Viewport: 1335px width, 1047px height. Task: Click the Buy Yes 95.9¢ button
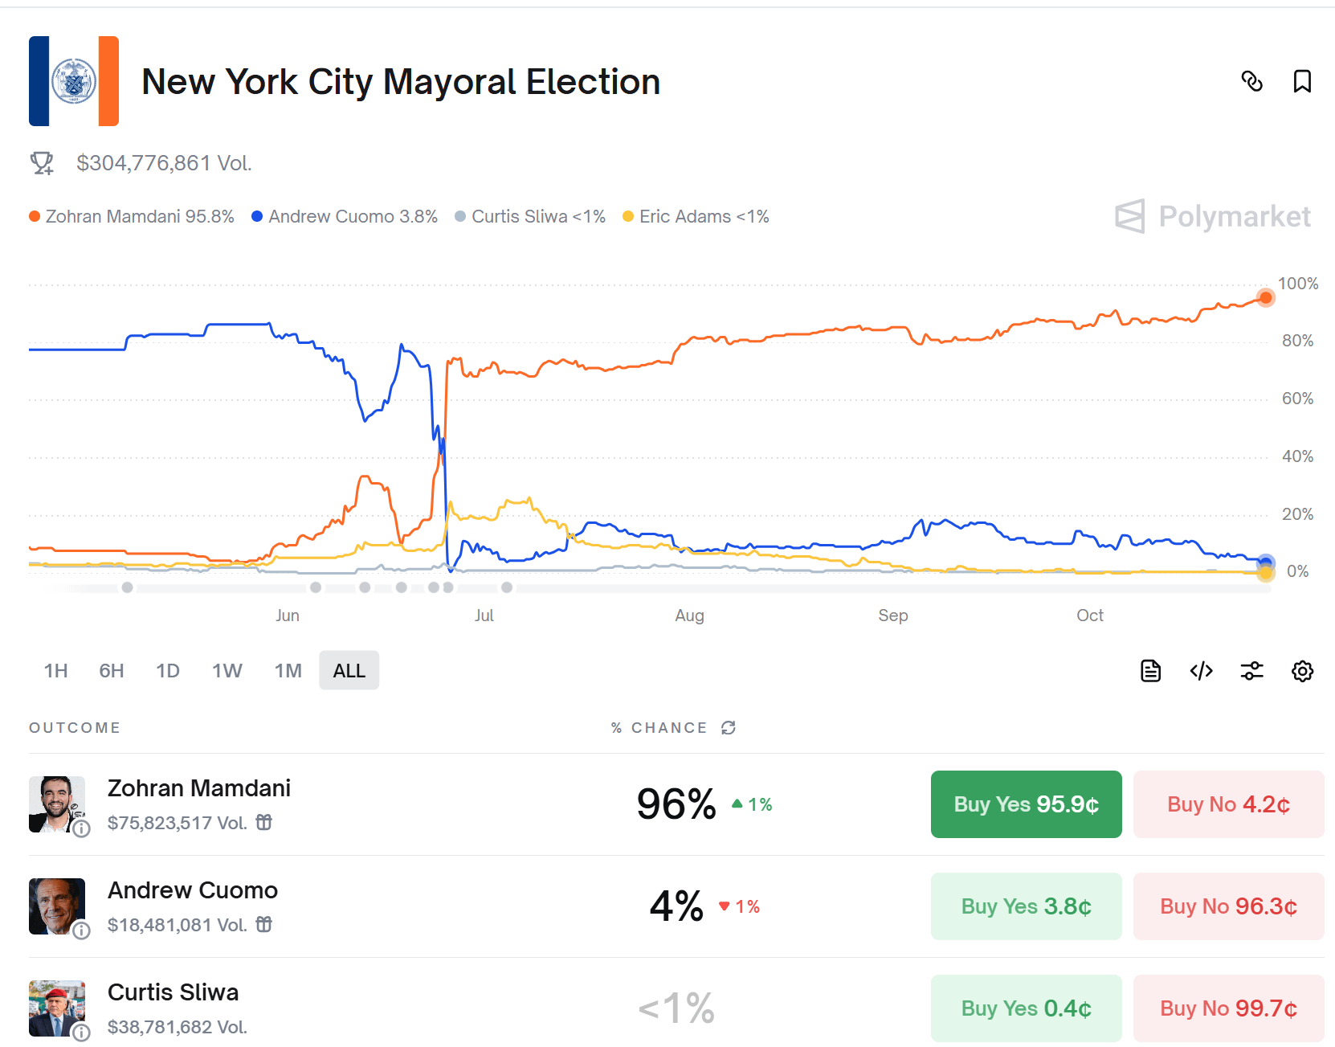tap(1026, 804)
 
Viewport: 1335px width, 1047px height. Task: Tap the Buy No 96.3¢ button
tap(1228, 906)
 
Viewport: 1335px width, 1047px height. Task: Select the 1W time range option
tap(227, 670)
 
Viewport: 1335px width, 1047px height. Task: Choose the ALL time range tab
tap(349, 670)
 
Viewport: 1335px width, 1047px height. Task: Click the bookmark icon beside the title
tap(1301, 81)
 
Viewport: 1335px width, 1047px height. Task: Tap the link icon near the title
tap(1251, 81)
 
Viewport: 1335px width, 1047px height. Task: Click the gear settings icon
tap(1302, 671)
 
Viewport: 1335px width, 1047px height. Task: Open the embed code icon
tap(1201, 671)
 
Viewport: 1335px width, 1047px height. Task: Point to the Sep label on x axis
tap(892, 615)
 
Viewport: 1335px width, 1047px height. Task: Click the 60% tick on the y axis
tap(1297, 399)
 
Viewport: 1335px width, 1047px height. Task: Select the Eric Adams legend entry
tap(696, 216)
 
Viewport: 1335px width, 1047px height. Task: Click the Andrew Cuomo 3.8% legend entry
tap(344, 216)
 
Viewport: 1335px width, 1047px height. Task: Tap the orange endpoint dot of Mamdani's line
tap(1265, 298)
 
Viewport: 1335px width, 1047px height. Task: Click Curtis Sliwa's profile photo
tap(57, 1008)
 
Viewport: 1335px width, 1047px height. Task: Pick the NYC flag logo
tap(74, 81)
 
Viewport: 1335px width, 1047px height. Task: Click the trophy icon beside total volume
tap(42, 163)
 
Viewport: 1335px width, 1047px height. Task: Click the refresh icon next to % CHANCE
tap(729, 727)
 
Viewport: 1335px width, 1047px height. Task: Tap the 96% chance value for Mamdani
tap(676, 804)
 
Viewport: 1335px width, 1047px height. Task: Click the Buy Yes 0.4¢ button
tap(1026, 1008)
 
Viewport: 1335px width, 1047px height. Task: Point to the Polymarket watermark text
tap(1235, 216)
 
